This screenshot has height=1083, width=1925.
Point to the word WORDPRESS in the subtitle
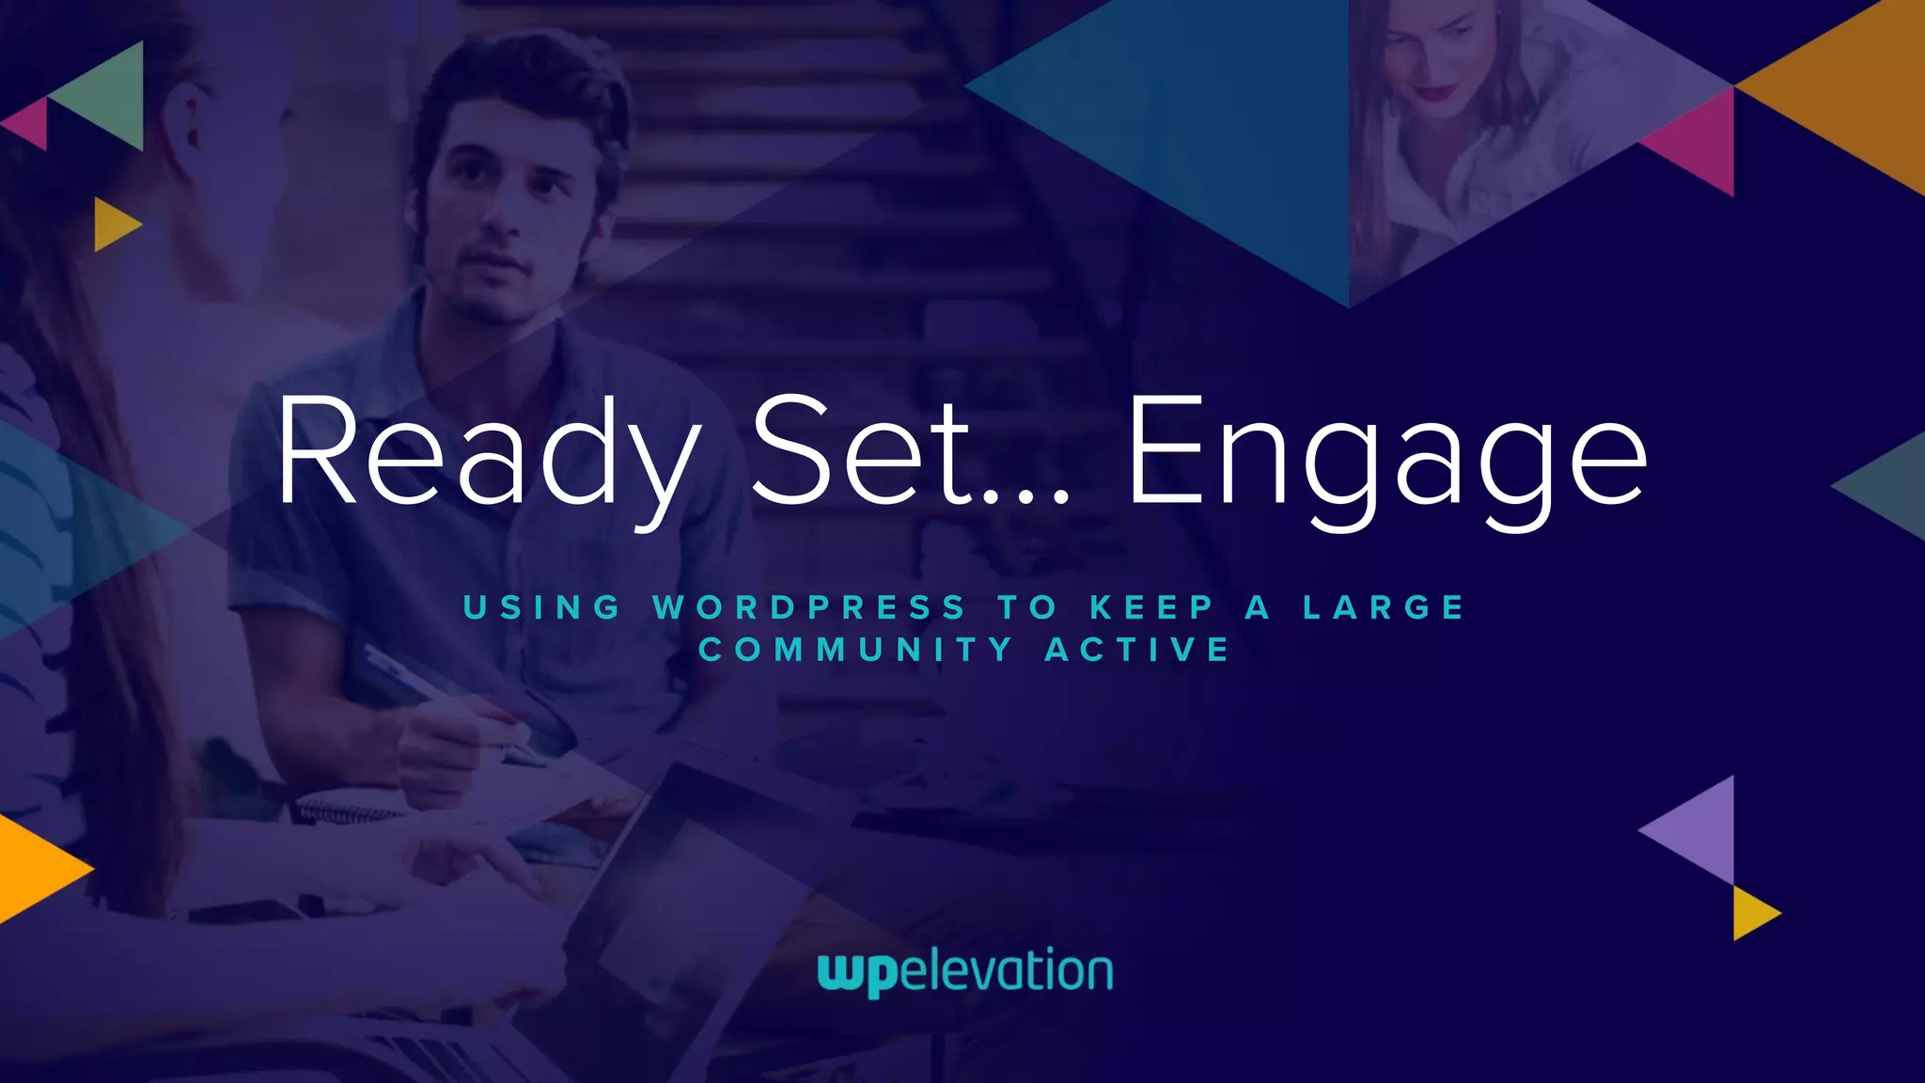pos(809,607)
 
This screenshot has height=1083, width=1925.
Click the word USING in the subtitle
pos(542,607)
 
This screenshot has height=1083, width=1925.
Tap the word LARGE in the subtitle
pos(1384,607)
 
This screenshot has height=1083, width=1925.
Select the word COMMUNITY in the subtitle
pos(856,650)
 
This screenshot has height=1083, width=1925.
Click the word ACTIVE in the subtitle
pos(1137,650)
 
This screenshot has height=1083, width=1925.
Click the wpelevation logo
pos(965,972)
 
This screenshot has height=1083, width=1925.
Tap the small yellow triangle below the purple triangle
pos(1751,913)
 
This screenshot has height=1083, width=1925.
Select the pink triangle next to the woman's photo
pos(1699,142)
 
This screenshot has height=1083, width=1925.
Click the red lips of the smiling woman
pos(1435,92)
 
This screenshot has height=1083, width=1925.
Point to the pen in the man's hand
pos(442,691)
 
